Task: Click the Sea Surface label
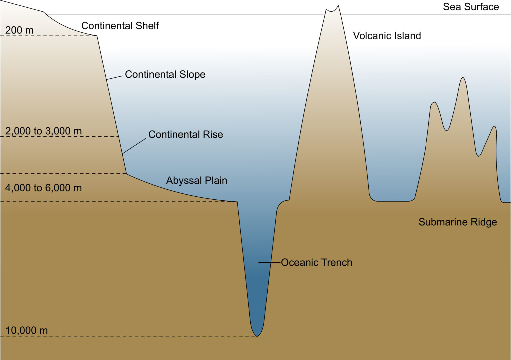pos(471,7)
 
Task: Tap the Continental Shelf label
pos(120,26)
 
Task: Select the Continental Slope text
pos(165,74)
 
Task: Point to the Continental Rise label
pos(185,134)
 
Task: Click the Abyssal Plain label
pos(197,180)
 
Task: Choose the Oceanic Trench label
pos(316,262)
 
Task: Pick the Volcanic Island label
pos(387,36)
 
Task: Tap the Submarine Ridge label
pos(457,222)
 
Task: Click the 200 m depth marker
pos(19,30)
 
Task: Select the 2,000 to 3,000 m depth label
pos(43,131)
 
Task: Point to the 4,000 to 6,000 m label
pos(43,188)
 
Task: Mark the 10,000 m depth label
pos(27,330)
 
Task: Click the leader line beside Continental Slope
pos(115,78)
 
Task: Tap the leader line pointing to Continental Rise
pos(134,146)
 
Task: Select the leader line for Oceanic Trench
pos(269,263)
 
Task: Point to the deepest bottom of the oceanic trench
pos(257,335)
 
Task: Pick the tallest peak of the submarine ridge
pos(462,79)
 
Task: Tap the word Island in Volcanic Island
pos(408,36)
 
